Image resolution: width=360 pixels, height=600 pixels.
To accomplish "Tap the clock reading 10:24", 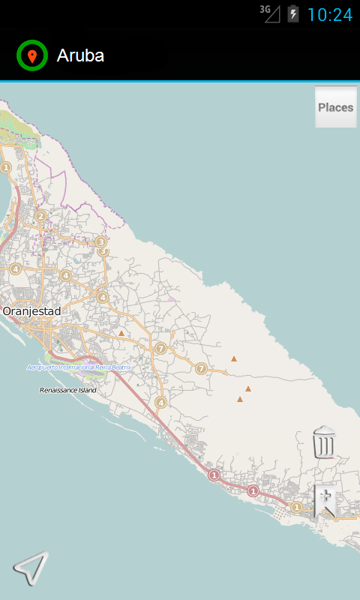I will coord(329,14).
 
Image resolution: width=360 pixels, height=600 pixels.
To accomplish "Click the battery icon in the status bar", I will coord(293,14).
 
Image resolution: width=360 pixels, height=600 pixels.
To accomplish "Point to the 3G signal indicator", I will coord(269,13).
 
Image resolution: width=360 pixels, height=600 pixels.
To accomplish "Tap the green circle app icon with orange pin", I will coord(31,55).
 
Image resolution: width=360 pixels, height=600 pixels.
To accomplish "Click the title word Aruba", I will coord(80,55).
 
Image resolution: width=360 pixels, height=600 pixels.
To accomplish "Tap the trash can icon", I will coord(324,442).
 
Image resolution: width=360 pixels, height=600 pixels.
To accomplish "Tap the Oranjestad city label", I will coord(31,310).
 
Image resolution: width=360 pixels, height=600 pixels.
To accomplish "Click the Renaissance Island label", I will coord(68,390).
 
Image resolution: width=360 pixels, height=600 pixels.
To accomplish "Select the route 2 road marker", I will coord(41,217).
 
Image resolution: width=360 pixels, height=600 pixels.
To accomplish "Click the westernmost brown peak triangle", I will coord(121,333).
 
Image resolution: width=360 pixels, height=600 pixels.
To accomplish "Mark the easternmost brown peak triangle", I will coord(248,388).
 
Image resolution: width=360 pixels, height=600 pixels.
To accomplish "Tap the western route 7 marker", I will coord(160,348).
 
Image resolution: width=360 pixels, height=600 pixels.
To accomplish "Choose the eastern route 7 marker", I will coord(201,368).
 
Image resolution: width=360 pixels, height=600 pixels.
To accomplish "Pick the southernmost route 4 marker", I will coord(160,403).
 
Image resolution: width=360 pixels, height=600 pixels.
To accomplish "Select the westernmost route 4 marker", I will coord(15,268).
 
